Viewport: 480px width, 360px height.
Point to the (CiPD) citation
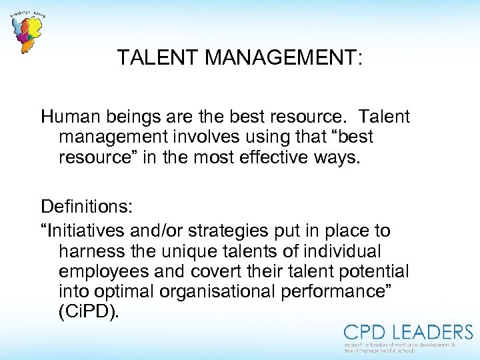point(89,312)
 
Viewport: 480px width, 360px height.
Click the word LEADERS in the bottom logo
point(431,332)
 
